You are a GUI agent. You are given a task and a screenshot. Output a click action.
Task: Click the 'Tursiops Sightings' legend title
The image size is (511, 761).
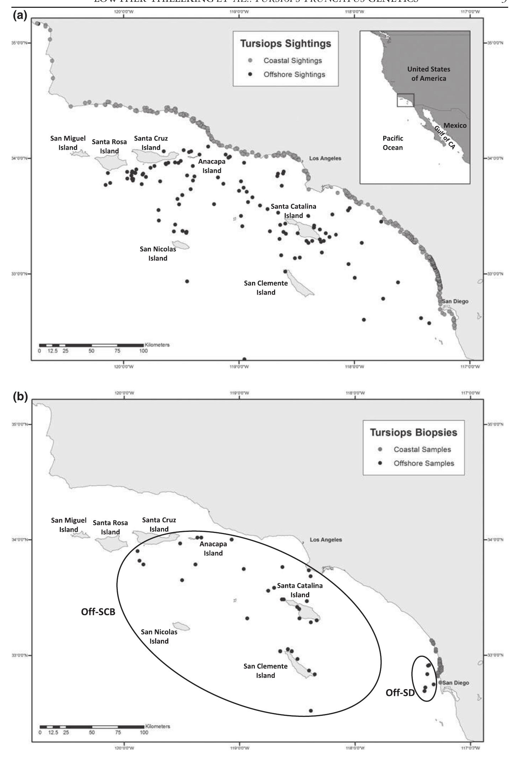click(285, 44)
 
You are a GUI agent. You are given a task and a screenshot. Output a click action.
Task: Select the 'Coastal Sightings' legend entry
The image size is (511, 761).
click(292, 61)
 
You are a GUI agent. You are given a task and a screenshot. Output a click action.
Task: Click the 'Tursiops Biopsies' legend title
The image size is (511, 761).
click(413, 433)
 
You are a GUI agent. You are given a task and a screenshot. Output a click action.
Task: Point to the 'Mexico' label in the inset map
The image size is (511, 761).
click(455, 125)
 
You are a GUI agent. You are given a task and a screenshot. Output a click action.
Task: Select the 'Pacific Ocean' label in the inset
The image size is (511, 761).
click(393, 143)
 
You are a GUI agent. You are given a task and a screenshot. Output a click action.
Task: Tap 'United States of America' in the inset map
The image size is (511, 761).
click(428, 74)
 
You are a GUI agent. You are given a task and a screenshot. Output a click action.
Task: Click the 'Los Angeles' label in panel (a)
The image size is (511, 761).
click(325, 158)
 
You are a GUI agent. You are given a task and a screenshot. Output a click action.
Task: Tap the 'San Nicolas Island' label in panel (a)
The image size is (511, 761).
click(158, 254)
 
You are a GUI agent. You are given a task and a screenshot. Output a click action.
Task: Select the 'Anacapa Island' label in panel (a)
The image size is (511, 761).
click(212, 166)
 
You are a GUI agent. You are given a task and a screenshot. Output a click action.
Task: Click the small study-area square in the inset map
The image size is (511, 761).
click(405, 100)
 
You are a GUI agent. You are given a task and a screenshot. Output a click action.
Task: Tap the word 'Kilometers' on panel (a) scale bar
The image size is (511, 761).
click(157, 345)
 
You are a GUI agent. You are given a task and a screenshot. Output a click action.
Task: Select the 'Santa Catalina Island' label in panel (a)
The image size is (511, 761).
click(293, 211)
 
